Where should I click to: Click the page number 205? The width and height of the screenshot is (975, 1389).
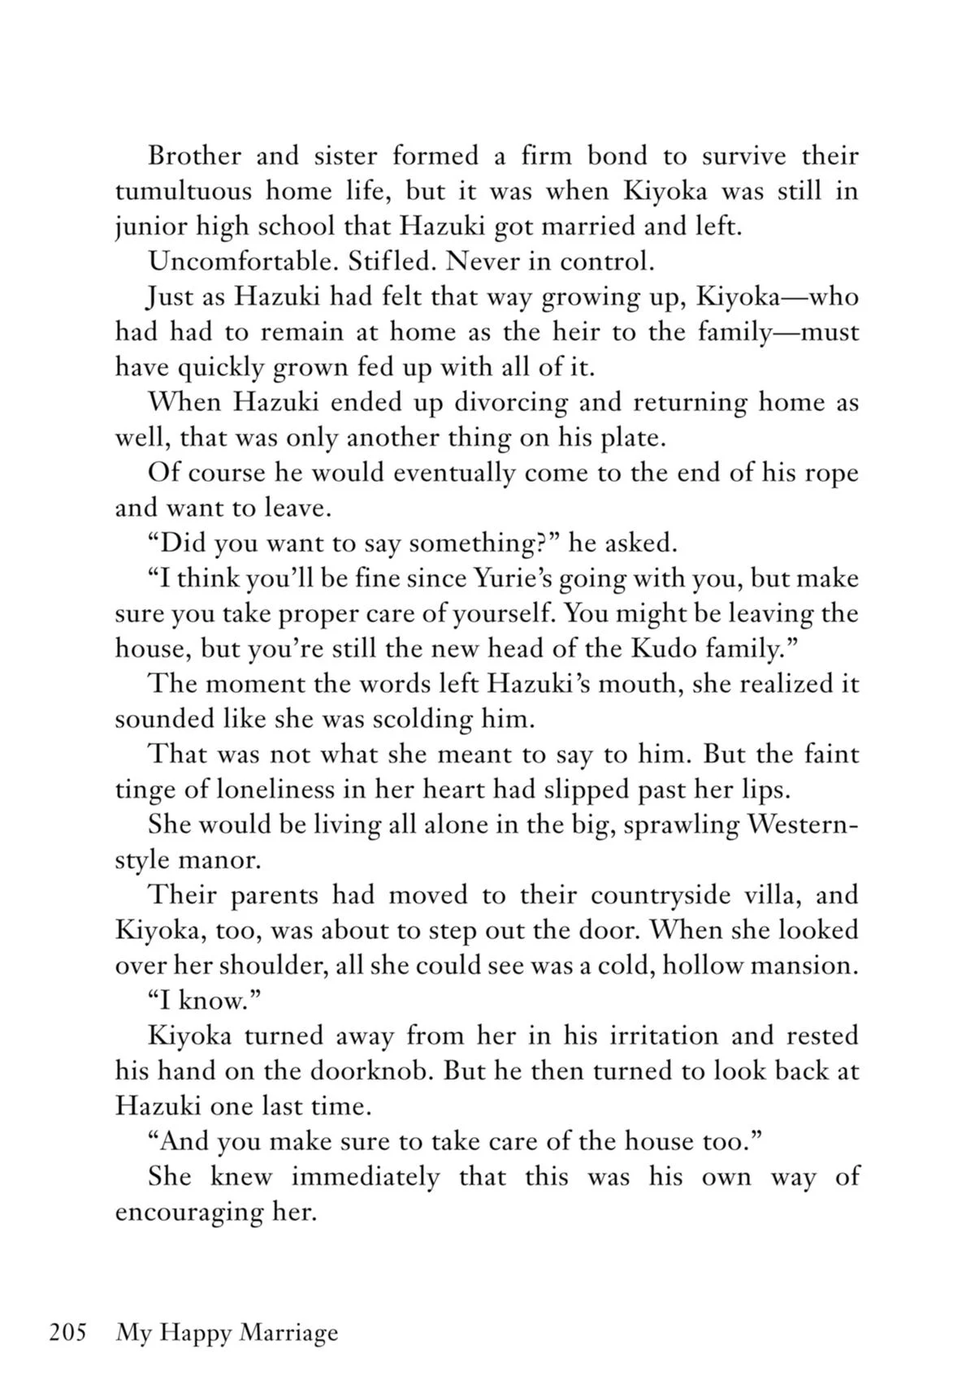(67, 1333)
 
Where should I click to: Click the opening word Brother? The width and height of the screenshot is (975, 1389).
(194, 155)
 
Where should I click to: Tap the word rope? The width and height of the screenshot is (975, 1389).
(830, 473)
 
